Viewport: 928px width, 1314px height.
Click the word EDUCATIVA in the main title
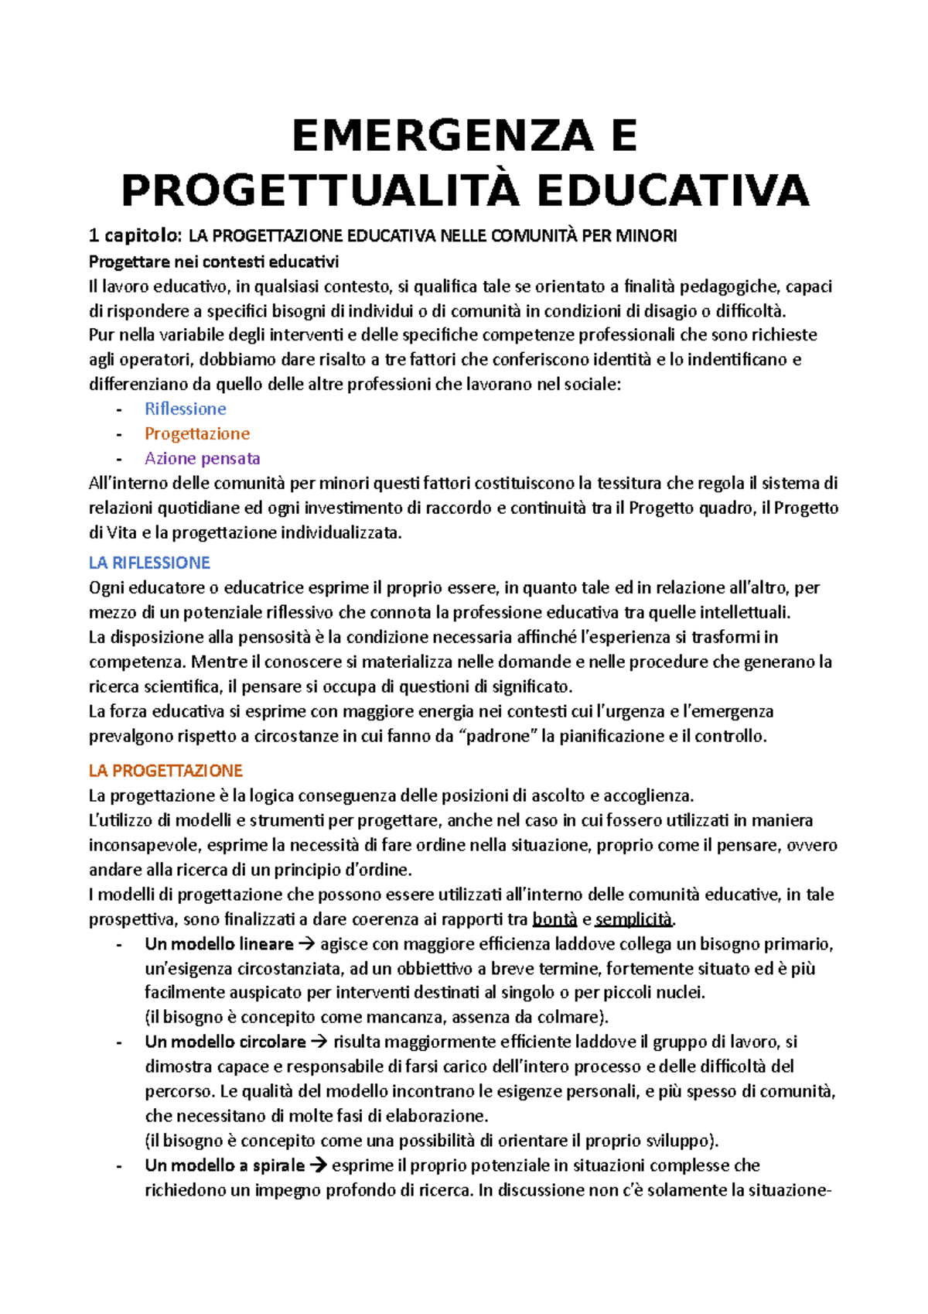tap(672, 191)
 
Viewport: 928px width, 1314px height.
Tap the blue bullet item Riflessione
tap(186, 409)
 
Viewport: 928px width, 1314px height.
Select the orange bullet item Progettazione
tap(197, 433)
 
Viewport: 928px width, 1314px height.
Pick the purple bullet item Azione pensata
tap(203, 458)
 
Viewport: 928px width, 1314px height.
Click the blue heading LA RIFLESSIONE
tap(149, 563)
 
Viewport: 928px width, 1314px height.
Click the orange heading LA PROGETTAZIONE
tap(165, 771)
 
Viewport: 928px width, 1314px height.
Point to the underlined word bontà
tap(554, 919)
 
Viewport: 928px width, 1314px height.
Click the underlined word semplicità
tap(633, 919)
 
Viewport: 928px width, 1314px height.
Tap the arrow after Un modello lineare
tap(306, 944)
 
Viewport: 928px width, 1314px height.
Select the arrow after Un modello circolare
tap(319, 1042)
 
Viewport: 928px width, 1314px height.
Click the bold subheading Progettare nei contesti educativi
tap(213, 261)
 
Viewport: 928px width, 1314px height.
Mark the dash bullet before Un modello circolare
tap(119, 1042)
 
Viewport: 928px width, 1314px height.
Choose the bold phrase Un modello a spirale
tap(224, 1165)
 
